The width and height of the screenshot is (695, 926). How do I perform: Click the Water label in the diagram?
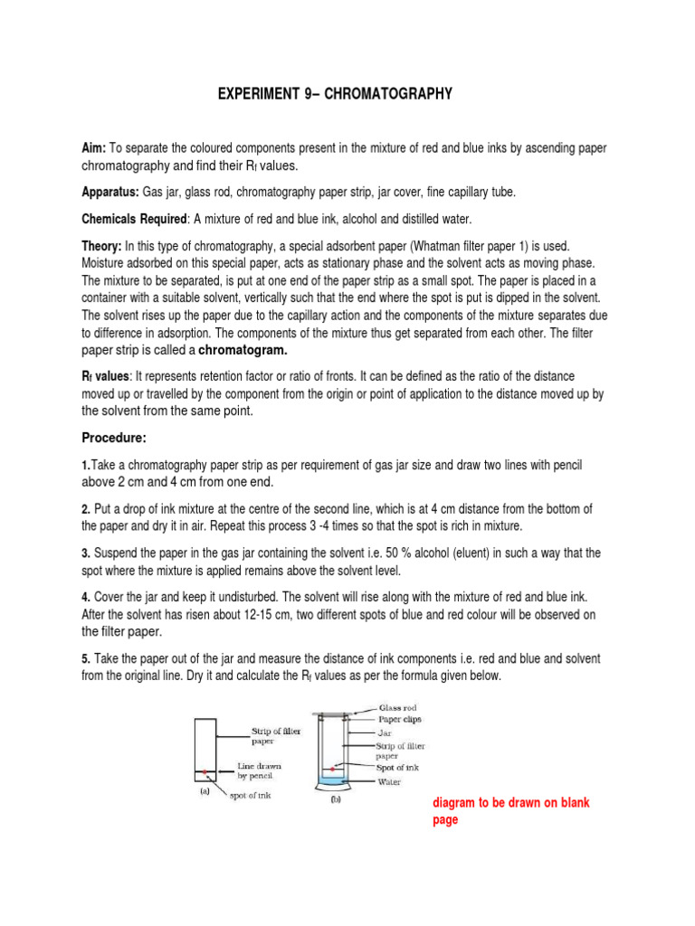(391, 780)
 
